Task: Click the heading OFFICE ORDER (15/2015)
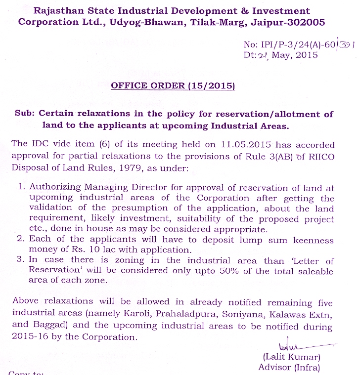pos(173,85)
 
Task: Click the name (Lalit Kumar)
pos(292,357)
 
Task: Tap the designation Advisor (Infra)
pos(289,367)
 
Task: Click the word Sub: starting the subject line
pos(26,114)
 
